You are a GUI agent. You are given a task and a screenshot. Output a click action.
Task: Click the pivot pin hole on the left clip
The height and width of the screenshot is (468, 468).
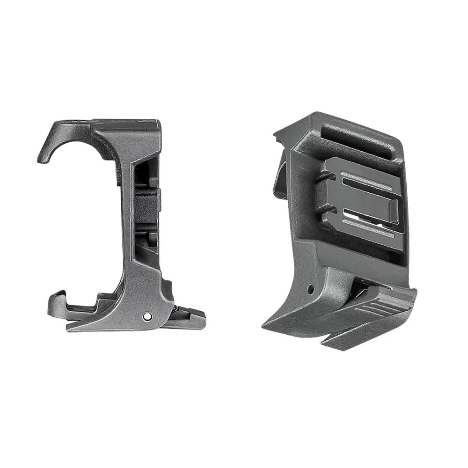(147, 316)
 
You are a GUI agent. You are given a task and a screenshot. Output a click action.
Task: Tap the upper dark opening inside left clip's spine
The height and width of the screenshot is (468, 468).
(143, 175)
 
